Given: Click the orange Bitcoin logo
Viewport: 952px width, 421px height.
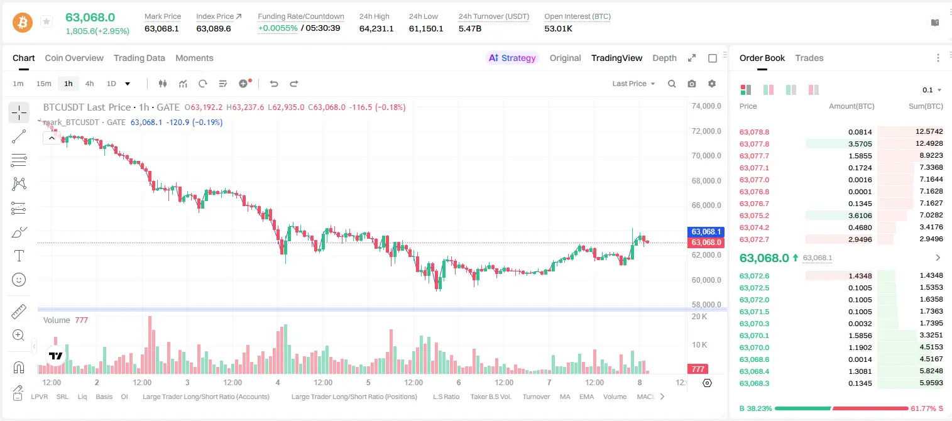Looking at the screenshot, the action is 23,23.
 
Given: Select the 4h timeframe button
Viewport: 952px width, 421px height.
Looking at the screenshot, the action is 89,84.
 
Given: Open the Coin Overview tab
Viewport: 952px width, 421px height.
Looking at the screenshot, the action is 74,58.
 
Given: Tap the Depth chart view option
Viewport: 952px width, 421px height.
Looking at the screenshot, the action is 664,58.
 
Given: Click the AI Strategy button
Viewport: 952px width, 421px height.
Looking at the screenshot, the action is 512,58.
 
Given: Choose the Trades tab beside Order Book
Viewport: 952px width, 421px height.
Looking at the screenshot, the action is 809,58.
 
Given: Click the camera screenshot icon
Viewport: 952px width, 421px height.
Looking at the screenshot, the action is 692,84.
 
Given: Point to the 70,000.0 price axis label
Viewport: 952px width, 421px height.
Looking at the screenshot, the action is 706,155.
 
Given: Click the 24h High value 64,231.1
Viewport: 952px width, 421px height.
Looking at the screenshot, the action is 376,28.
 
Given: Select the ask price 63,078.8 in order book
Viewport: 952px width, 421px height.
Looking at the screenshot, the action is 754,132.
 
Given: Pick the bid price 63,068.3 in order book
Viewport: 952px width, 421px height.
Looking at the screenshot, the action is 754,383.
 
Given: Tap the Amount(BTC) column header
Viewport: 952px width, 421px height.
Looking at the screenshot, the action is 851,106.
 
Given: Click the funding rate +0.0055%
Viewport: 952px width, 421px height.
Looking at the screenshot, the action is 278,28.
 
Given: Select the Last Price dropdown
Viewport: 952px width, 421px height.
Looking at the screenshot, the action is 633,84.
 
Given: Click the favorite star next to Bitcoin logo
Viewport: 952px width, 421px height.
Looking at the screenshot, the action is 47,21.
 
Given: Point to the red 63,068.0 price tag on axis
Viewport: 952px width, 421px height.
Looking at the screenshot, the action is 706,243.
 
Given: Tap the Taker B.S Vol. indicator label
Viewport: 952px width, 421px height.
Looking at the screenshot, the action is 490,396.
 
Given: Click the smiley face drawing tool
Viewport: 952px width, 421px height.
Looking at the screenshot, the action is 19,280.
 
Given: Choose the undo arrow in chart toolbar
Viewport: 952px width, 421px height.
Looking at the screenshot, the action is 274,84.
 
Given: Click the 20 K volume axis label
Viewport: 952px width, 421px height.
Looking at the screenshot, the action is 699,317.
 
